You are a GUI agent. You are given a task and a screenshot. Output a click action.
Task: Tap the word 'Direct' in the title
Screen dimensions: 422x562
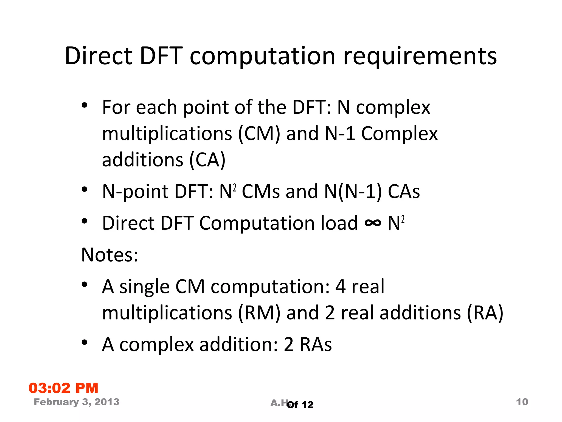[x=98, y=56]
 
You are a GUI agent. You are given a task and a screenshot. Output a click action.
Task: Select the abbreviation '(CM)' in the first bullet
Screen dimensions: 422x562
[x=259, y=134]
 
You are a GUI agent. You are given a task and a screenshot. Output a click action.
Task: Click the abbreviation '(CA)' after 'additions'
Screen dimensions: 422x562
[x=207, y=160]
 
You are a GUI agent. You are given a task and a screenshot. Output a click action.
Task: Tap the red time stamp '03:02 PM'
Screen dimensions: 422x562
[x=63, y=388]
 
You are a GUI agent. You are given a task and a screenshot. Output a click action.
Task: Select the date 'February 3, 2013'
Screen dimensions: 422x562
[x=77, y=402]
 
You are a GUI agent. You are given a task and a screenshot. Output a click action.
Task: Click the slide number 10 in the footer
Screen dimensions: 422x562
[x=522, y=402]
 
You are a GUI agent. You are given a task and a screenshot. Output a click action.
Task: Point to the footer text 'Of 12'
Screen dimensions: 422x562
[x=300, y=405]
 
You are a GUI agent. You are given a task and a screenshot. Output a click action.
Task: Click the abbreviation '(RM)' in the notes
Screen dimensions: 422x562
[x=259, y=313]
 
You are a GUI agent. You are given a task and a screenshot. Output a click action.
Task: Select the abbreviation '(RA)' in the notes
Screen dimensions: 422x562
[x=485, y=313]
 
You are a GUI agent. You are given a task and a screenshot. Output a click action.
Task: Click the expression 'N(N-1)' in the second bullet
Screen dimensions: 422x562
[x=353, y=191]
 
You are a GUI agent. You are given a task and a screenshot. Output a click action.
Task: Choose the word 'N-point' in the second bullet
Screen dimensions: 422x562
[x=135, y=191]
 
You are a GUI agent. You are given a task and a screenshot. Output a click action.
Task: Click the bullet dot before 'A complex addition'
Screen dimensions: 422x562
[x=85, y=342]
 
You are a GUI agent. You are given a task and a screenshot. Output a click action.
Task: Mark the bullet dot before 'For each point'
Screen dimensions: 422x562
[x=85, y=105]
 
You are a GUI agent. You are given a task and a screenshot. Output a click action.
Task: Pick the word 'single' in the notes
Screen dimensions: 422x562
[x=144, y=287]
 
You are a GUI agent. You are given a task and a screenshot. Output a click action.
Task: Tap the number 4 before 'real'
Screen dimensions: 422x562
[x=341, y=287]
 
